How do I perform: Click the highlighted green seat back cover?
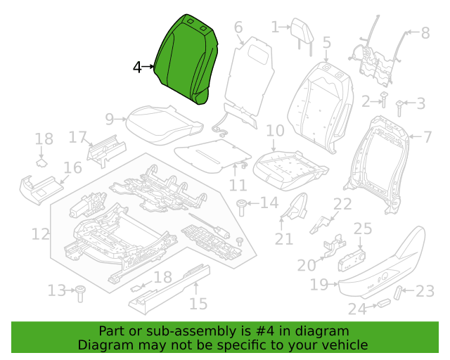point(186,59)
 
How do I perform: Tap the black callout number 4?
point(138,67)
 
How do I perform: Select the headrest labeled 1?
point(302,36)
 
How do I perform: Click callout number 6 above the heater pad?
point(238,27)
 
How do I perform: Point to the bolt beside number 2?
point(383,100)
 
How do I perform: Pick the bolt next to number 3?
point(399,108)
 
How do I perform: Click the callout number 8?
point(425,33)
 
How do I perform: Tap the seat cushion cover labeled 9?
point(165,124)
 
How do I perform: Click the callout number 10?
point(275,131)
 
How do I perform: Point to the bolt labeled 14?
point(241,208)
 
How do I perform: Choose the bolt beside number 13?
point(80,294)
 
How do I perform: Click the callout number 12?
point(40,234)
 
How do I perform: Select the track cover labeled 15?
point(169,289)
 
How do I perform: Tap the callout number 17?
point(77,137)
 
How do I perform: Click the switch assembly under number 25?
point(352,260)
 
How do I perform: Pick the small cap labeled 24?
point(383,303)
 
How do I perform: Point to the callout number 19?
point(319,285)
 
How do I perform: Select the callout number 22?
point(342,204)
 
